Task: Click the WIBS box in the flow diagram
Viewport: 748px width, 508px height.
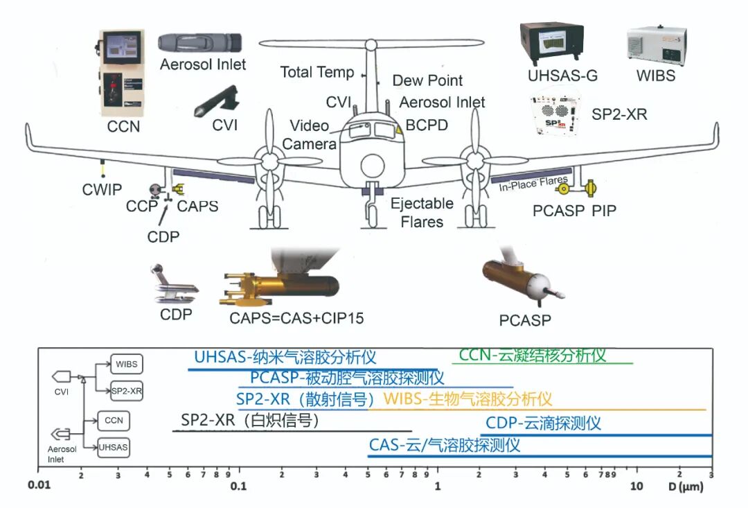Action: (126, 363)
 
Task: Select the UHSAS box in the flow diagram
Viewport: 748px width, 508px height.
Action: (113, 447)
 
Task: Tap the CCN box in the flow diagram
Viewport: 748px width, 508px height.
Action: (113, 420)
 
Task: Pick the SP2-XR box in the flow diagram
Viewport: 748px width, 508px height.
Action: (126, 390)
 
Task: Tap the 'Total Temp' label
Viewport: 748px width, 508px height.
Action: (317, 72)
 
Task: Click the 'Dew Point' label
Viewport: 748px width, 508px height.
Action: (427, 80)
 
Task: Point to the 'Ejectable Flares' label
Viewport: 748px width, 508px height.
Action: (422, 212)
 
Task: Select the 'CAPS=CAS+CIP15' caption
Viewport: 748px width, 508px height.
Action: (296, 318)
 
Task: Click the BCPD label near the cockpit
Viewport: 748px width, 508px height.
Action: (427, 125)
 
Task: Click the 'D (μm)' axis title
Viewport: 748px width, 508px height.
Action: (686, 487)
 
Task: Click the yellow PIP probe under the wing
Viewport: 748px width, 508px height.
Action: (591, 188)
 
